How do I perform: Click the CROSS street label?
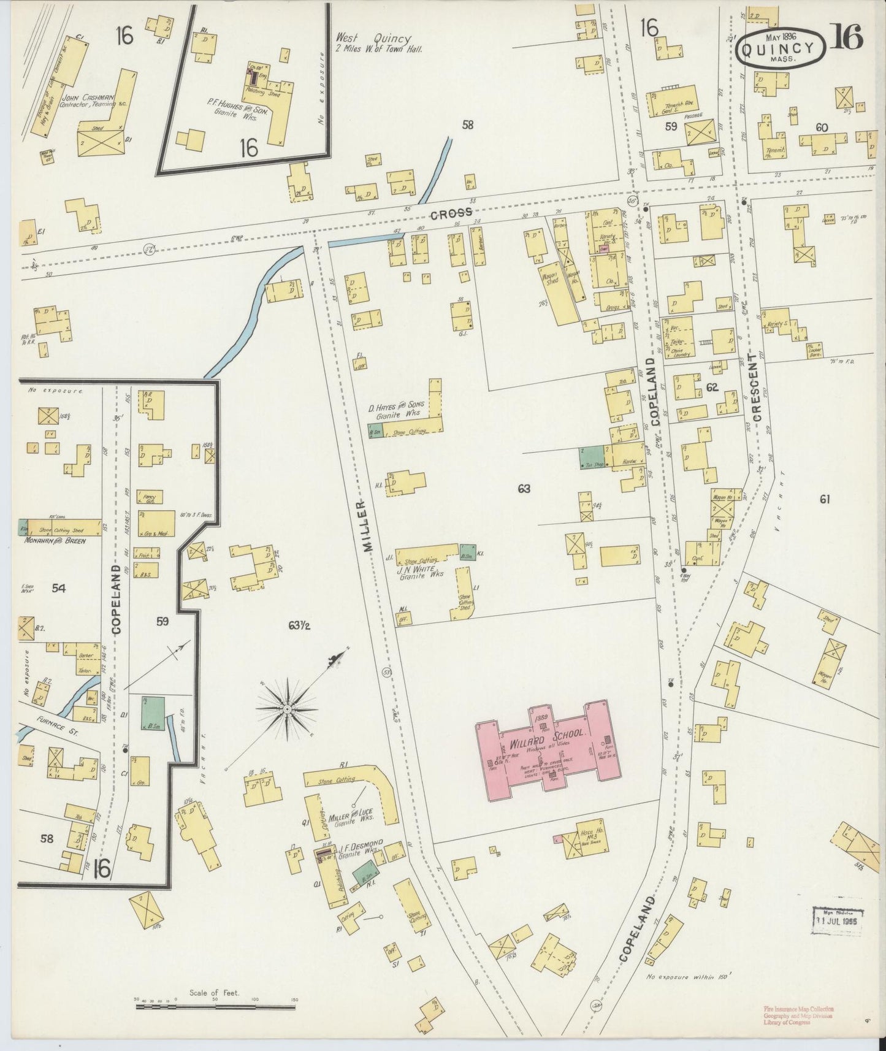(x=451, y=213)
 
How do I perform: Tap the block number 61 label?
(x=823, y=500)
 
